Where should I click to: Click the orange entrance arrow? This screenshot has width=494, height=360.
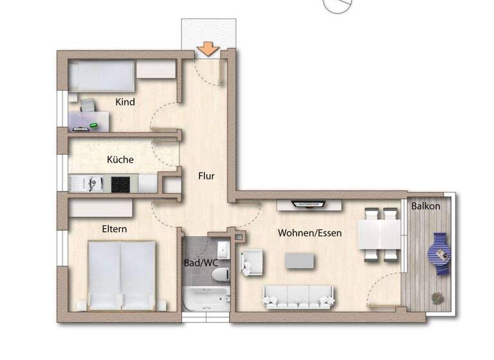point(207,49)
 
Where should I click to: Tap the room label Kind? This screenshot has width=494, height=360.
point(125,102)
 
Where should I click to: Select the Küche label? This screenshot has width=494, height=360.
point(120,159)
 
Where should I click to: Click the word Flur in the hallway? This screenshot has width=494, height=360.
point(206,175)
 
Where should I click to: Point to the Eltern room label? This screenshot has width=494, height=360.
point(114,229)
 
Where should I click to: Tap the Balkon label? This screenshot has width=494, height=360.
point(426,206)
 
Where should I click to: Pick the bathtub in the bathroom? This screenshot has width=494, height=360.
point(206,300)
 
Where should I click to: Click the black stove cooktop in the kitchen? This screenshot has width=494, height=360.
point(121,184)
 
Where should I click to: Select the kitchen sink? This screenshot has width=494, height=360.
point(90,184)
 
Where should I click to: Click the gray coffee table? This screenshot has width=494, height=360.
point(300,260)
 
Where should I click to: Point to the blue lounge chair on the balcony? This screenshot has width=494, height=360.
point(441,253)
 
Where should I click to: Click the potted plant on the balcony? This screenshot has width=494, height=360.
point(437,298)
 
